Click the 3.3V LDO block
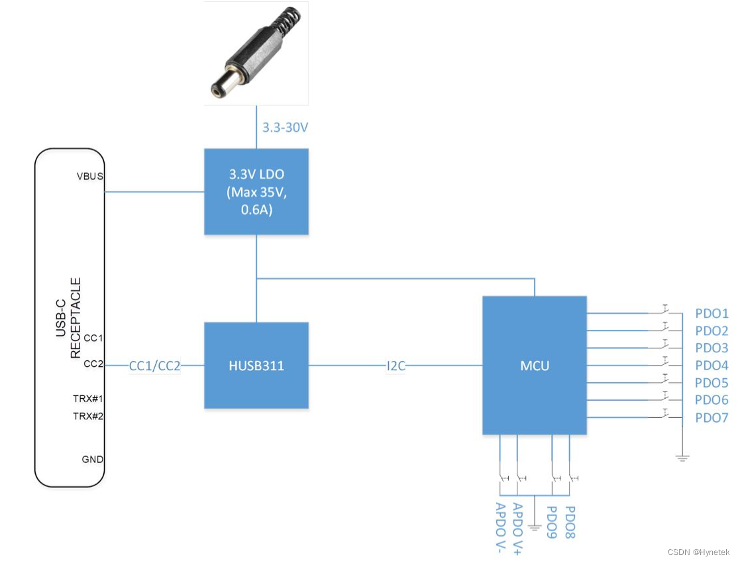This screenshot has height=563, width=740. coord(256,191)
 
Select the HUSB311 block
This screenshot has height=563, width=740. coord(256,365)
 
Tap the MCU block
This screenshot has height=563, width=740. coord(534,365)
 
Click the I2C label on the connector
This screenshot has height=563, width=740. coord(396,365)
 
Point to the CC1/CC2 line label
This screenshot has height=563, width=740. coord(154,365)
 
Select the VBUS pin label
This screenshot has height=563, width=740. coord(90,176)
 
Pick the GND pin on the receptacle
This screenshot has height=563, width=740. coord(92,459)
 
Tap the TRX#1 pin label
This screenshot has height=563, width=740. coord(88,399)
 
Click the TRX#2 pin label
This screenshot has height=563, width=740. coord(88,416)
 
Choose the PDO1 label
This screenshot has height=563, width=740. coord(712,313)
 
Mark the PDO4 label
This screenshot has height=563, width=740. coord(712,366)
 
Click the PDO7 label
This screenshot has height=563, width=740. coord(712,418)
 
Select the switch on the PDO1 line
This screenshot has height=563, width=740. coord(664,310)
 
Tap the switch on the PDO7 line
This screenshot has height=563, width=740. coord(664,415)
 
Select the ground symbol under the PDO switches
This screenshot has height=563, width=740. coord(682,457)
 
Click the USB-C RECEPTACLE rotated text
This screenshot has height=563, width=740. coord(69,317)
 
